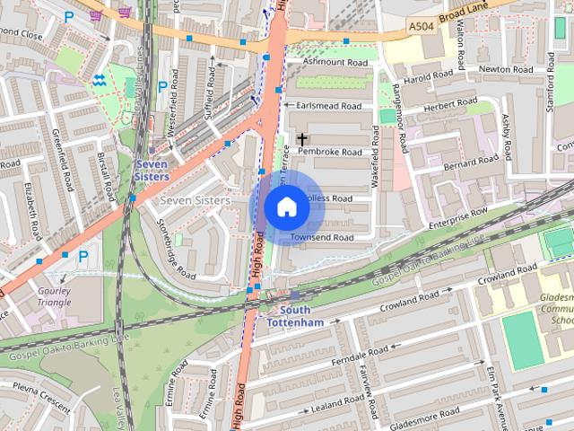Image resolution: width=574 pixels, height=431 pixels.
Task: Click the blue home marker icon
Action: tap(286, 208)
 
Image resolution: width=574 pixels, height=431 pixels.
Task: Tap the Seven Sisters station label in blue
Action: tap(152, 171)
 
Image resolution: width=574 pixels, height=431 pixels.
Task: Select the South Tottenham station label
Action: tap(294, 316)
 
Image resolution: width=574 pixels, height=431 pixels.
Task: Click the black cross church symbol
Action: tap(302, 139)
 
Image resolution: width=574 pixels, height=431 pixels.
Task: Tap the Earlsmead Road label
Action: tap(330, 106)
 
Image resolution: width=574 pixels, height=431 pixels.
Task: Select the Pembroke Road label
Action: tap(330, 152)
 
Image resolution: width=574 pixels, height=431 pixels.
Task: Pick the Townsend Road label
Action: tap(324, 237)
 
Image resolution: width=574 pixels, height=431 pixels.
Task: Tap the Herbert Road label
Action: tap(454, 104)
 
